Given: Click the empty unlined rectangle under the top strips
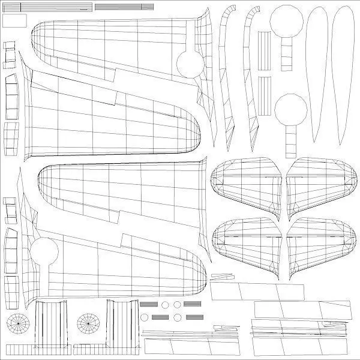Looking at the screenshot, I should [16, 20].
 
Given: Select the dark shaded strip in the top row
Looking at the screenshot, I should [124, 6].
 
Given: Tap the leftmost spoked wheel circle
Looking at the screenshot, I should [19, 324].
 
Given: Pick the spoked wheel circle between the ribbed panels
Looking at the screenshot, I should [89, 324].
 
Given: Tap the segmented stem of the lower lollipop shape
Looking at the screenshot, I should [290, 140].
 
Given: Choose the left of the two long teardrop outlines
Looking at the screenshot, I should [317, 72].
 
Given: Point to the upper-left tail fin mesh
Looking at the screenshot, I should [246, 182].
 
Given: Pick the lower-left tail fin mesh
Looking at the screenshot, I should [246, 243].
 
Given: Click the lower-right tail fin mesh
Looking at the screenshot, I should [320, 243].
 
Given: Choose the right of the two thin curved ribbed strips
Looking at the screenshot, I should [251, 72].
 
